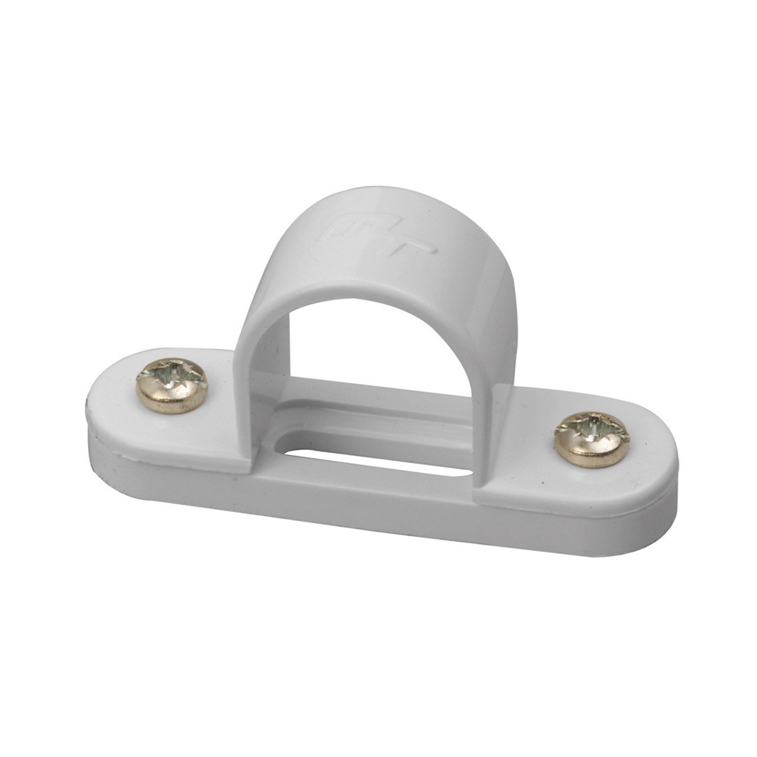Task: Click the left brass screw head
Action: tap(171, 385)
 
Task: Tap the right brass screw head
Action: tap(592, 439)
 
